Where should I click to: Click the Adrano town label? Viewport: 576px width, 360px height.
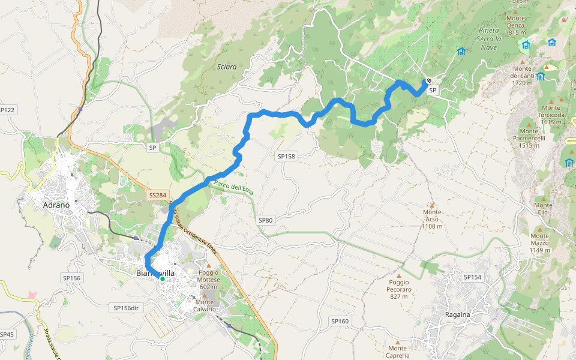coord(56,205)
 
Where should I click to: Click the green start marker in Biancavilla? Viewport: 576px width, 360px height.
coord(162,278)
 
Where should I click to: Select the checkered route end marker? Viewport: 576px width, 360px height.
coord(429,81)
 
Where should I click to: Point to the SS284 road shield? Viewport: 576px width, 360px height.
coord(157,195)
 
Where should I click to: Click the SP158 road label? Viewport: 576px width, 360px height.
coord(287,156)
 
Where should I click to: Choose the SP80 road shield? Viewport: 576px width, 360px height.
coord(265,220)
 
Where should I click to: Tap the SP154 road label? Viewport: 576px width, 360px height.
coord(472,277)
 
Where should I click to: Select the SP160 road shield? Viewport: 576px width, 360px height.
coord(340,321)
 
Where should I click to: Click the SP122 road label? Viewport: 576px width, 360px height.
coord(8,110)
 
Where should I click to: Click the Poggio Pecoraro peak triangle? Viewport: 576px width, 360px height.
coord(398,275)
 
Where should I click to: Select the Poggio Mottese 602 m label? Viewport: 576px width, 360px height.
coord(209,280)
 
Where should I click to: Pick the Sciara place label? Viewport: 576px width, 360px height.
coord(227,67)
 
